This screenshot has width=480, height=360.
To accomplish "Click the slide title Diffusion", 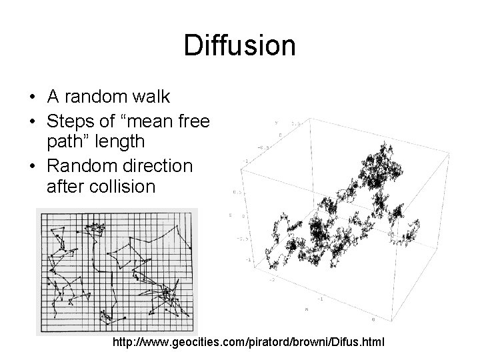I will [x=239, y=46].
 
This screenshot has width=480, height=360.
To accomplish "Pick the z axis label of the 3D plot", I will [x=229, y=215].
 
